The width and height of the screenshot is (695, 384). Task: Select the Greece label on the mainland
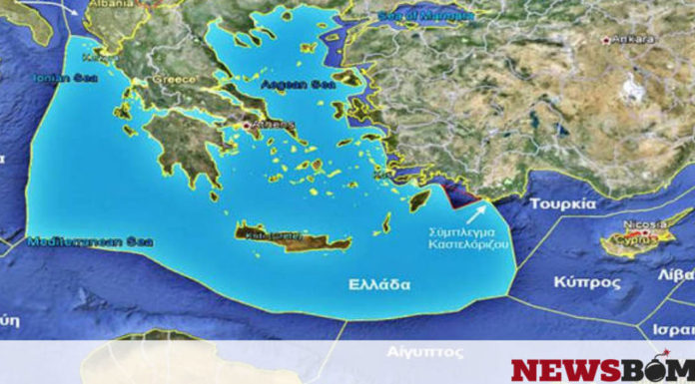[x=172, y=79]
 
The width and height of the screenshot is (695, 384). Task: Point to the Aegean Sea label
[x=290, y=86]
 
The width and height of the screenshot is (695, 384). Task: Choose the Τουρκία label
[x=562, y=203]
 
